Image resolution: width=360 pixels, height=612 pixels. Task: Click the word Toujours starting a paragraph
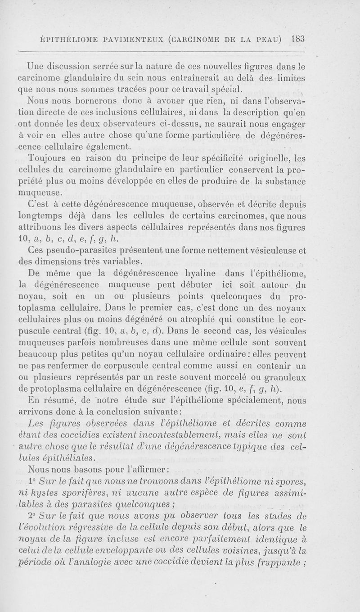(45, 158)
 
